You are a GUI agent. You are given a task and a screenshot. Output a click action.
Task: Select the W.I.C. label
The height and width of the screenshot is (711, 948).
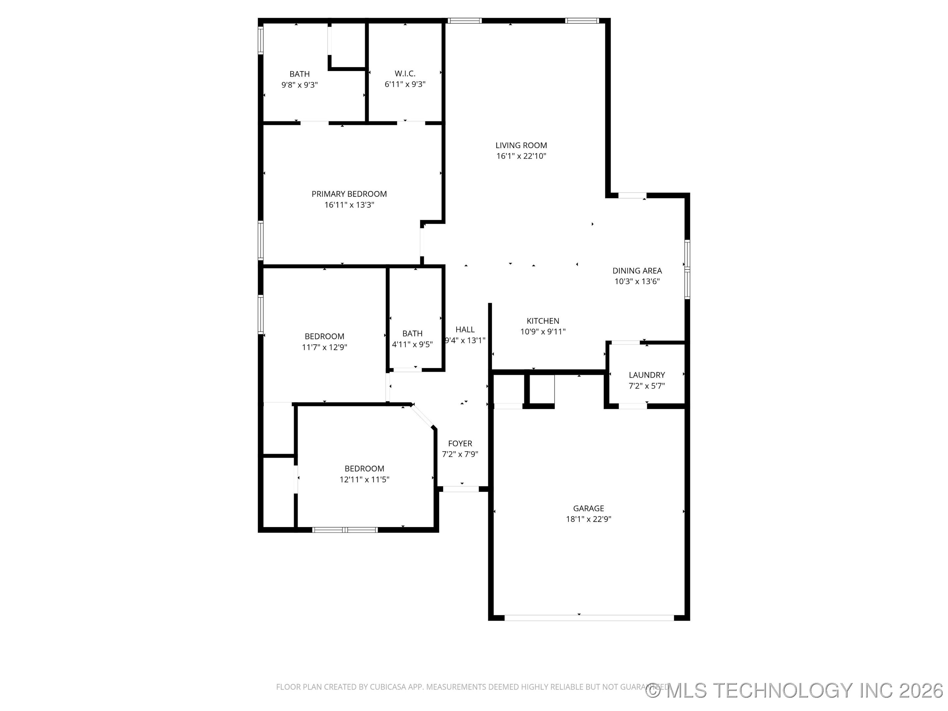405,74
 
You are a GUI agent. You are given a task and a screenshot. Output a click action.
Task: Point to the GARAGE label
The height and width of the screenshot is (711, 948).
589,508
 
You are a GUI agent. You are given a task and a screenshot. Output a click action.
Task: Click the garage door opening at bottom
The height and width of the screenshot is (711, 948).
589,618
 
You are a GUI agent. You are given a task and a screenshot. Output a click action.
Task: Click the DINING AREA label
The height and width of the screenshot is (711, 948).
637,271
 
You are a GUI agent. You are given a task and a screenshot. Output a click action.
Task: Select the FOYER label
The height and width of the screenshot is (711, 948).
460,444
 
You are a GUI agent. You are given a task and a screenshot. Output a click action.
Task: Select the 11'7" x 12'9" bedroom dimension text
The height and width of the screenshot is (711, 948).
325,348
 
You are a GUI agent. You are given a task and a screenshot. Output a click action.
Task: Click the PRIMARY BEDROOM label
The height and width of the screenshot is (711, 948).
349,194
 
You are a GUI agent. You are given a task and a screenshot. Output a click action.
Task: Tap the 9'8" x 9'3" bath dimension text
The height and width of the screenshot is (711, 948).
299,85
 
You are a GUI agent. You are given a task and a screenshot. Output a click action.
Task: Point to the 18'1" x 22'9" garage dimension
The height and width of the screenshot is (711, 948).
589,519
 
